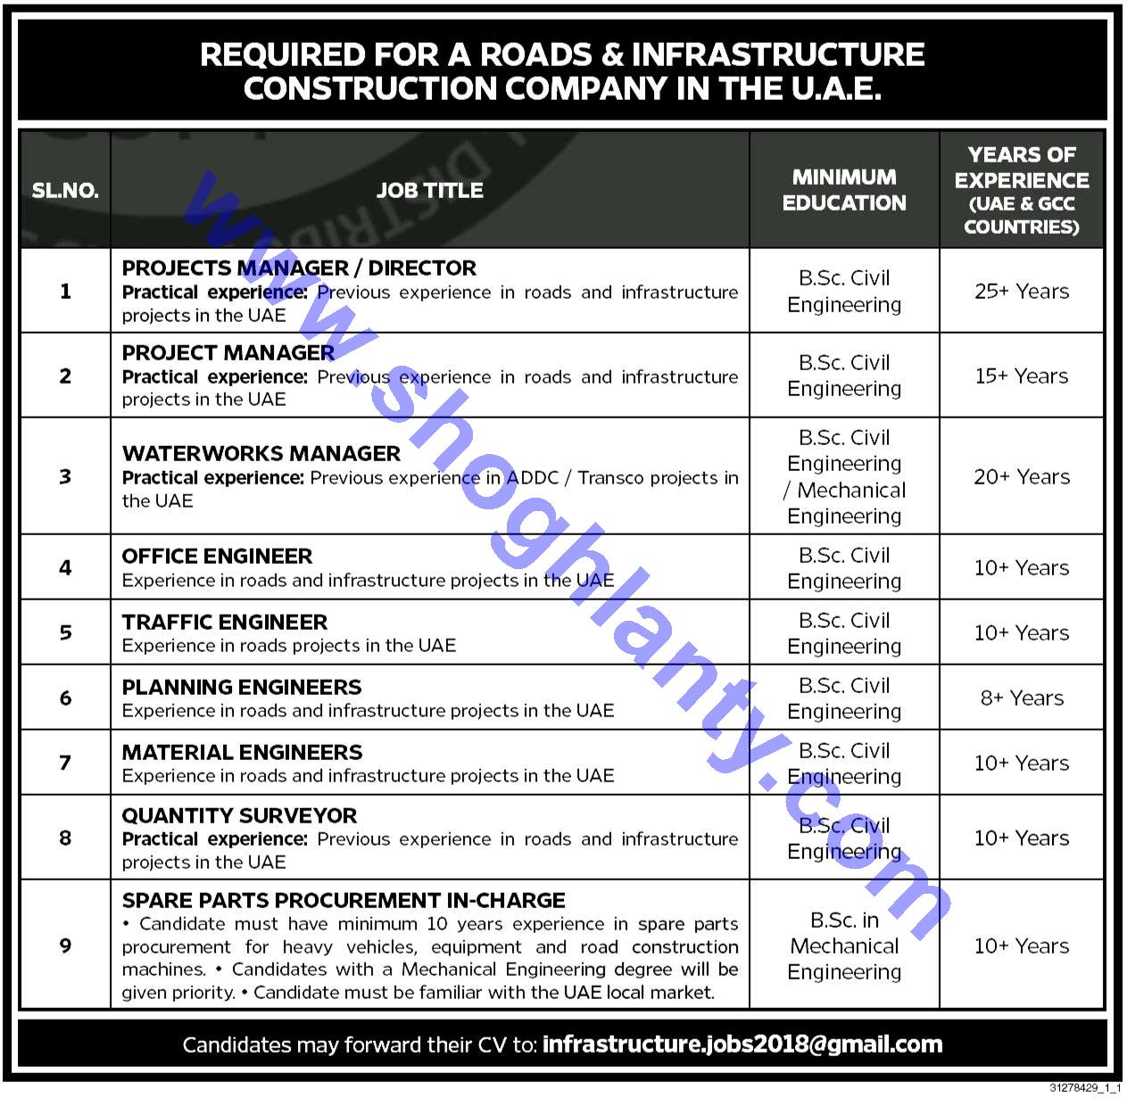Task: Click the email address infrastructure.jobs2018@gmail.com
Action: tap(741, 1045)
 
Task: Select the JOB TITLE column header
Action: tap(429, 190)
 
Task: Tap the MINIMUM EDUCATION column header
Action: tap(844, 190)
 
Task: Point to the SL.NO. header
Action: tap(65, 191)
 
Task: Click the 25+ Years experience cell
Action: tap(1022, 292)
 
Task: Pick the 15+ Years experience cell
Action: tap(1022, 376)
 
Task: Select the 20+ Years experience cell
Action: tap(1022, 477)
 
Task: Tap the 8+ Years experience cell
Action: tap(1022, 698)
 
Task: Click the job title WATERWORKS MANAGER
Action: tap(261, 453)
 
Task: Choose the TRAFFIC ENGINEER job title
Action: tap(225, 622)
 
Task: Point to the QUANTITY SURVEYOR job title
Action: tap(239, 815)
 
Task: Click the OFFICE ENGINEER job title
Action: tap(217, 556)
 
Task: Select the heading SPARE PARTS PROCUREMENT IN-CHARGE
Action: tap(344, 900)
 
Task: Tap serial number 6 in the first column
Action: tap(65, 698)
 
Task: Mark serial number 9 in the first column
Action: tap(65, 946)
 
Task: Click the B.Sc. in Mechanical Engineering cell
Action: tap(844, 946)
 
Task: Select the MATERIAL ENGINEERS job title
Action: tap(243, 752)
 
